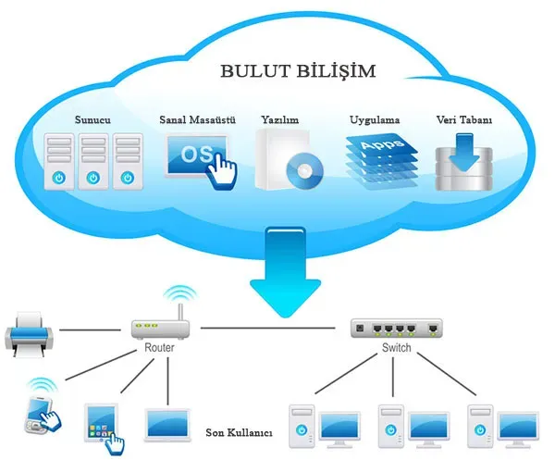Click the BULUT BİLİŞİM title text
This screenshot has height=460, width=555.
(x=284, y=71)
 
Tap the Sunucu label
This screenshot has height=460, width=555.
(x=92, y=121)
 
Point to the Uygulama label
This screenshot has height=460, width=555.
(x=374, y=121)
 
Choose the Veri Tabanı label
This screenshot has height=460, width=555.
(x=463, y=121)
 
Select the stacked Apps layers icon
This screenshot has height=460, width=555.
(x=375, y=159)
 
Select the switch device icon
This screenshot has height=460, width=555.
(x=396, y=327)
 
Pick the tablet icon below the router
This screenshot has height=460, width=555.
(x=100, y=420)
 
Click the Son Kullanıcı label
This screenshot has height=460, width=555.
(x=238, y=431)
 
